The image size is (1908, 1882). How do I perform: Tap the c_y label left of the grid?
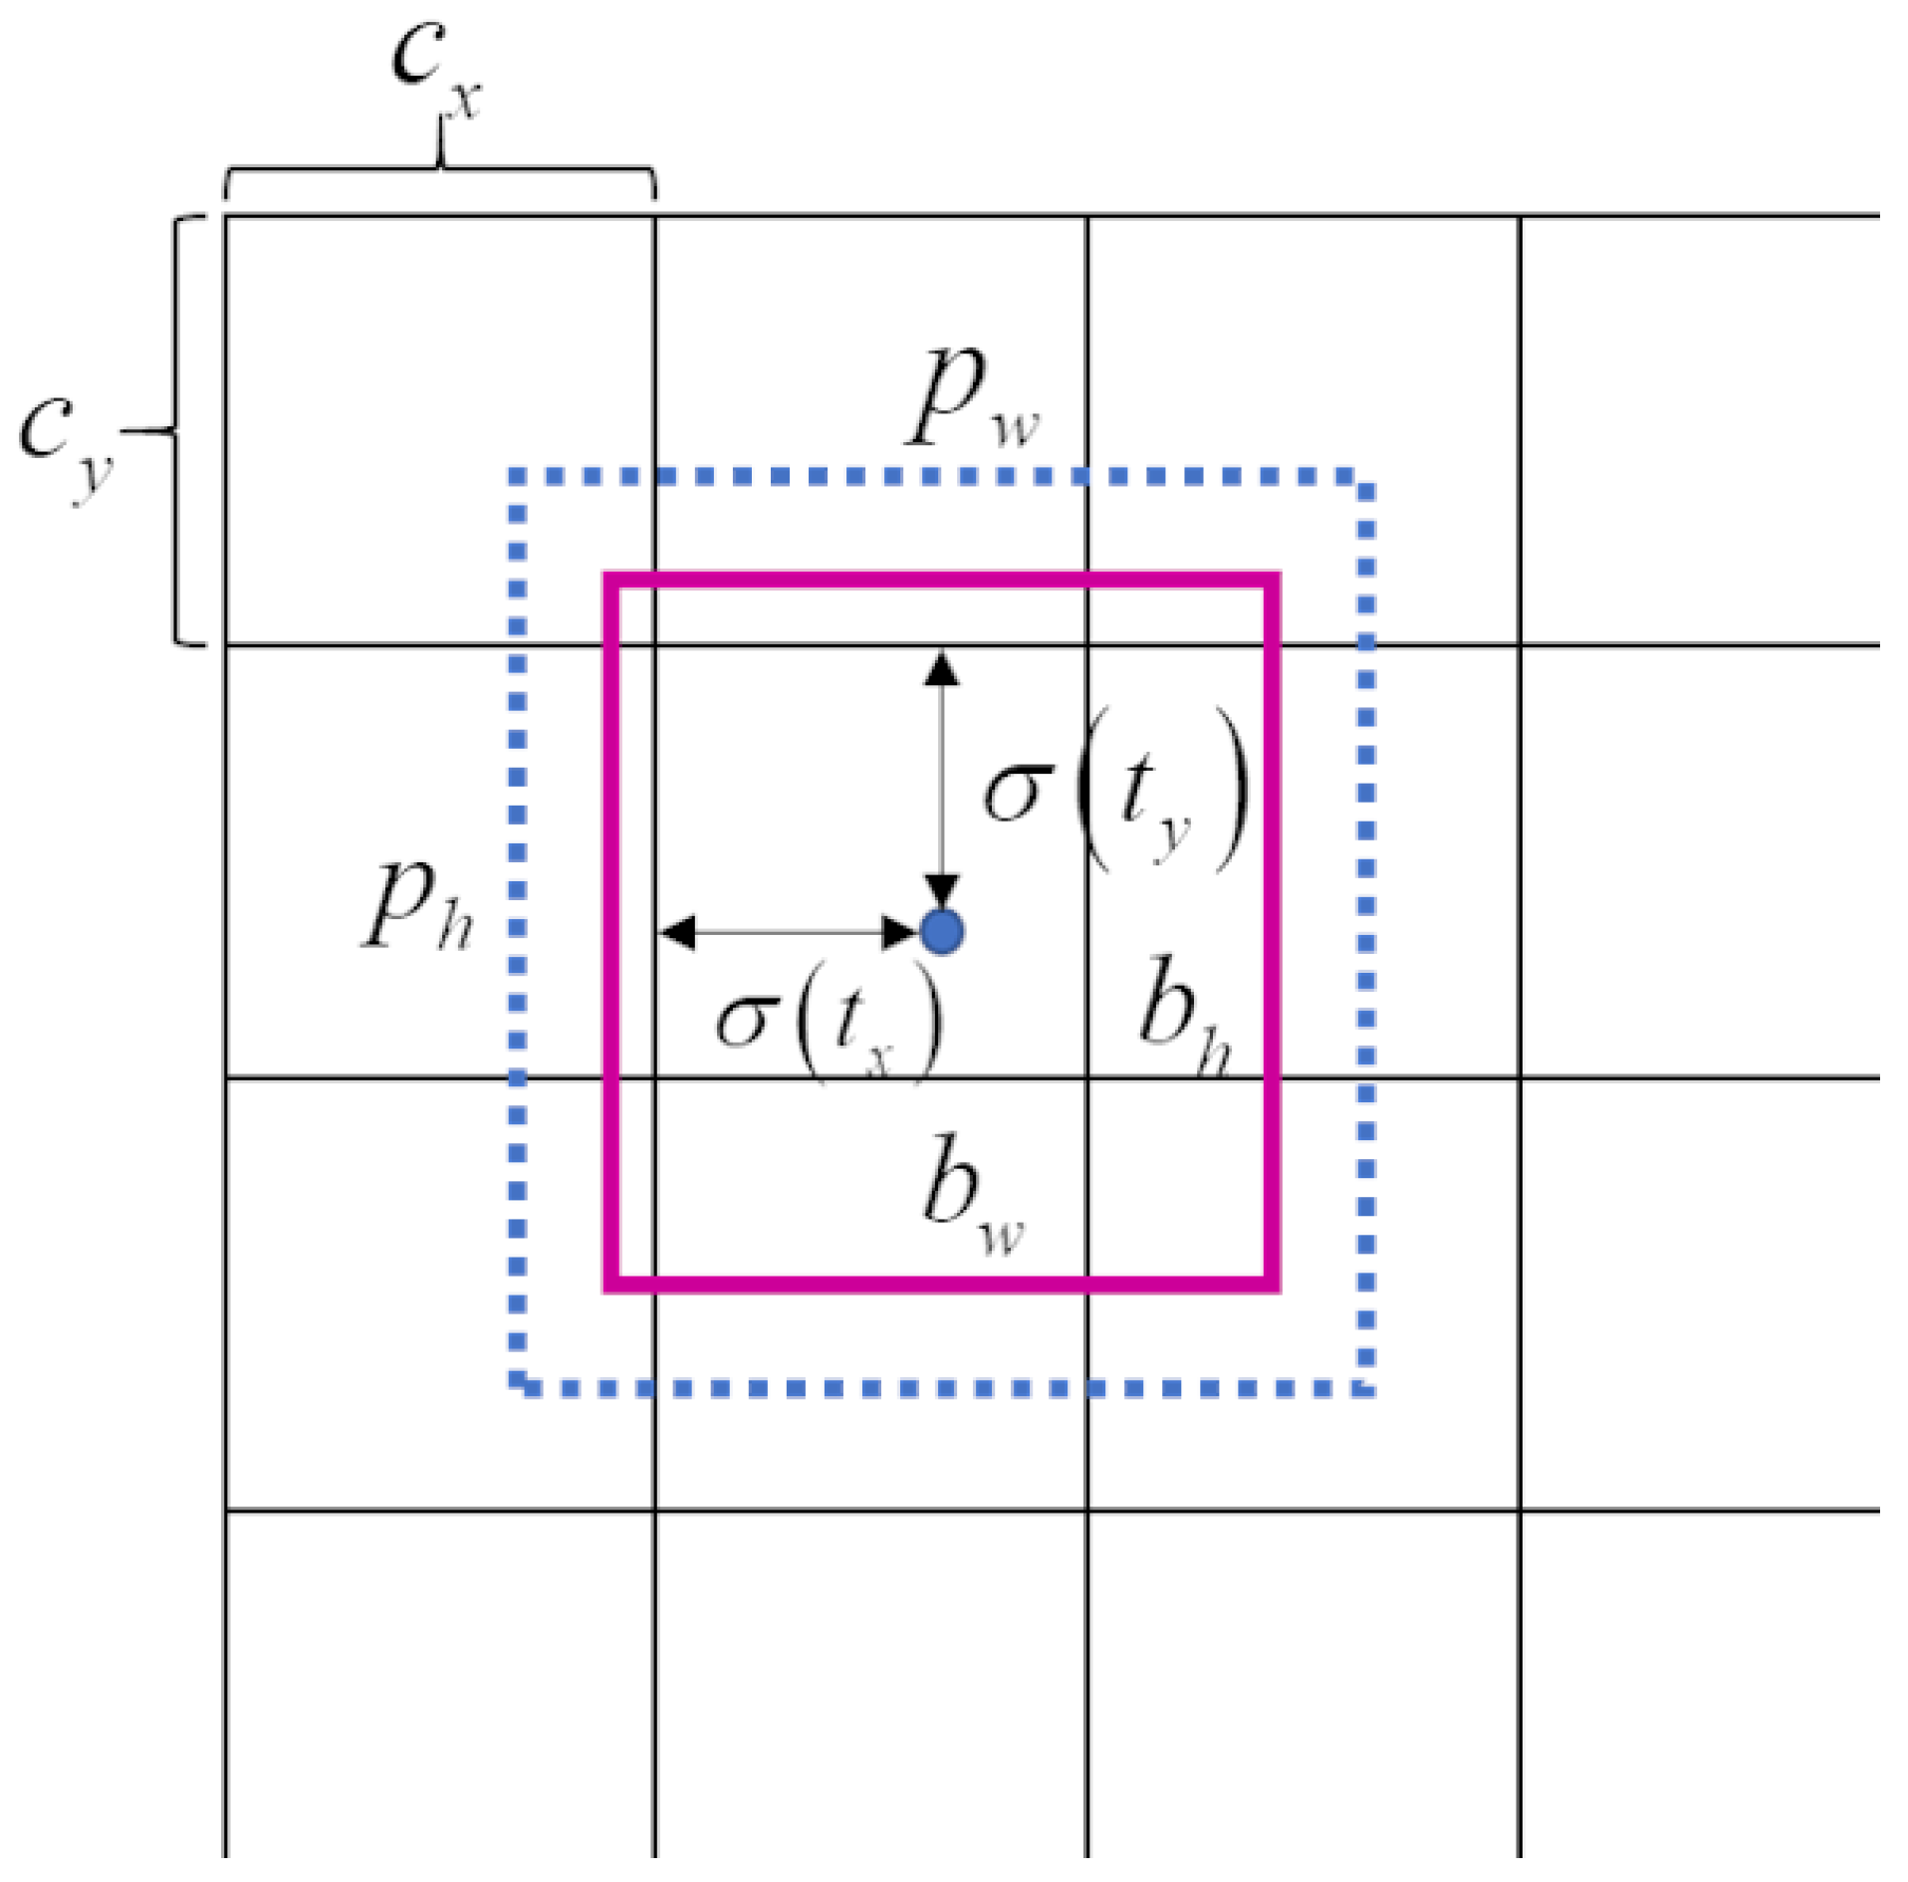[66, 442]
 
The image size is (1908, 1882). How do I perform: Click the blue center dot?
[941, 932]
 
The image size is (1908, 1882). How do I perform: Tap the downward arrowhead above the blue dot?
[941, 890]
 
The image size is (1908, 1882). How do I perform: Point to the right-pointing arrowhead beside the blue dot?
[899, 932]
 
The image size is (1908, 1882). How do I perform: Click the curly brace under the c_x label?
[439, 169]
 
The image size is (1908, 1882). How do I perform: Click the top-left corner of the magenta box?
[611, 580]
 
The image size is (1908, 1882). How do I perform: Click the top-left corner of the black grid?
[226, 215]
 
